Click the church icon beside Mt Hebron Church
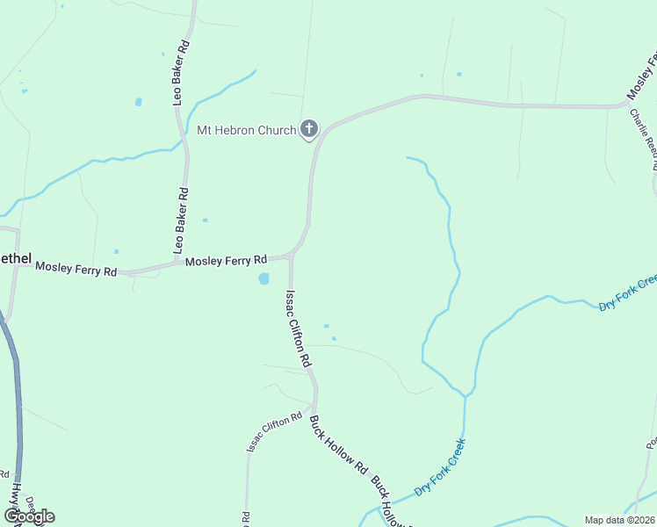[x=308, y=130]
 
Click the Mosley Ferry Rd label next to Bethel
[x=76, y=271]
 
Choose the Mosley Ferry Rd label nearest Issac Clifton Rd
[x=225, y=261]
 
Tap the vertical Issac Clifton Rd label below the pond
[x=297, y=328]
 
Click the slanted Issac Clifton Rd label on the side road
[x=274, y=432]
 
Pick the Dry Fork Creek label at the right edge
[x=628, y=292]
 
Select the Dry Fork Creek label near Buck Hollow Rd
[x=438, y=473]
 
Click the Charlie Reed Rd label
[x=645, y=141]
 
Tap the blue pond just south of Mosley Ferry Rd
[x=264, y=279]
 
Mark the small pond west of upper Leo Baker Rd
[x=139, y=102]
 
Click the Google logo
[x=29, y=516]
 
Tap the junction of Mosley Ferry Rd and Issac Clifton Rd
[x=291, y=256]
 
